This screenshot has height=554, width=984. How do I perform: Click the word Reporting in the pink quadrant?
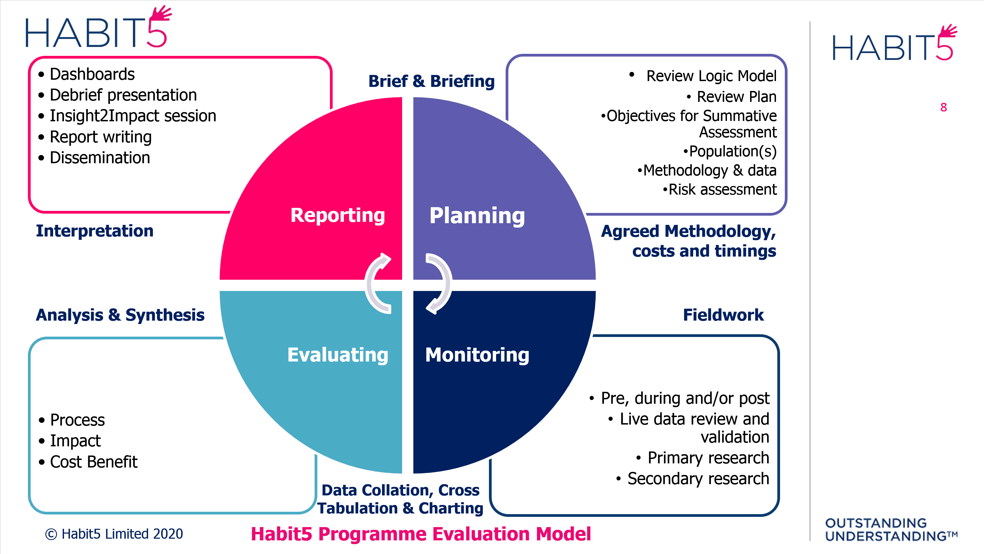click(337, 215)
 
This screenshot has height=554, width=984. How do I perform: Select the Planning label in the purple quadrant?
click(477, 216)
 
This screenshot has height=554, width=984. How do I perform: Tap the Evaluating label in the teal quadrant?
click(338, 355)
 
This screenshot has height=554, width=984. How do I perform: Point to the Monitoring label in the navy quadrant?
click(477, 355)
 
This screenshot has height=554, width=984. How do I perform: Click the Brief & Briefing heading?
click(431, 81)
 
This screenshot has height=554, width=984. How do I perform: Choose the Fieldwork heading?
click(723, 315)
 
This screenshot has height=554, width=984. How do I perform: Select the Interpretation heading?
click(95, 231)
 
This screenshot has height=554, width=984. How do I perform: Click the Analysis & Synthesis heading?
click(120, 315)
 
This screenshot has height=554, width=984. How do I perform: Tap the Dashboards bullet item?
click(92, 74)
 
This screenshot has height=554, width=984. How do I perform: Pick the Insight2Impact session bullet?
click(132, 116)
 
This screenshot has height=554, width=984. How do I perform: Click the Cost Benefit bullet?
click(94, 462)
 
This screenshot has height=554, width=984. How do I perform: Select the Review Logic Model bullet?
click(711, 76)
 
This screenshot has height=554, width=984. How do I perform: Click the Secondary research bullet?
click(698, 479)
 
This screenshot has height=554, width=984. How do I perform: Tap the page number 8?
click(943, 107)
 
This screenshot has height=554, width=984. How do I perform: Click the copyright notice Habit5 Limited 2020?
click(114, 534)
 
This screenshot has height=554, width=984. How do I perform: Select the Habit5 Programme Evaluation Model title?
click(420, 534)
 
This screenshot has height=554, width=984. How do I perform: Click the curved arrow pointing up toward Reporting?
click(377, 283)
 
